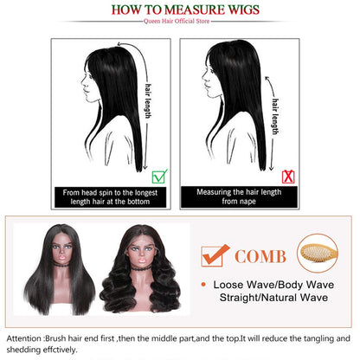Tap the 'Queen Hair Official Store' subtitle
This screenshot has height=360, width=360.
point(180,23)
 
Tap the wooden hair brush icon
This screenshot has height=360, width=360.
point(316,254)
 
